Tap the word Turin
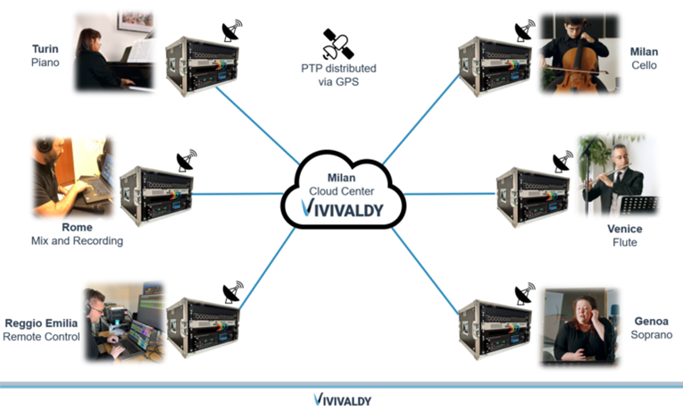coord(45,49)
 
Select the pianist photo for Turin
coord(114,51)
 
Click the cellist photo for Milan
coord(579,54)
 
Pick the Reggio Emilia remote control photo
coord(125,323)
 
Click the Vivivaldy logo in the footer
coord(342,399)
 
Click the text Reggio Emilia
coord(41,323)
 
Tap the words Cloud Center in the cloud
coord(342,190)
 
